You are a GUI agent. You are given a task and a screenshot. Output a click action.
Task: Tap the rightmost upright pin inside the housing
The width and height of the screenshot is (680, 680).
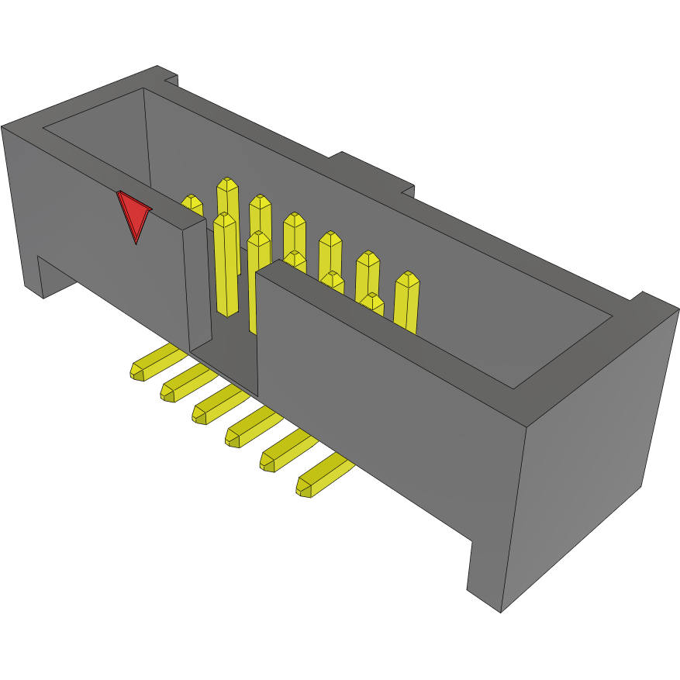pyautogui.click(x=406, y=299)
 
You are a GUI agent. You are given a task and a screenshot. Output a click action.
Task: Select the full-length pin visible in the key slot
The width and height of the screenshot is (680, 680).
pyautogui.click(x=226, y=264)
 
